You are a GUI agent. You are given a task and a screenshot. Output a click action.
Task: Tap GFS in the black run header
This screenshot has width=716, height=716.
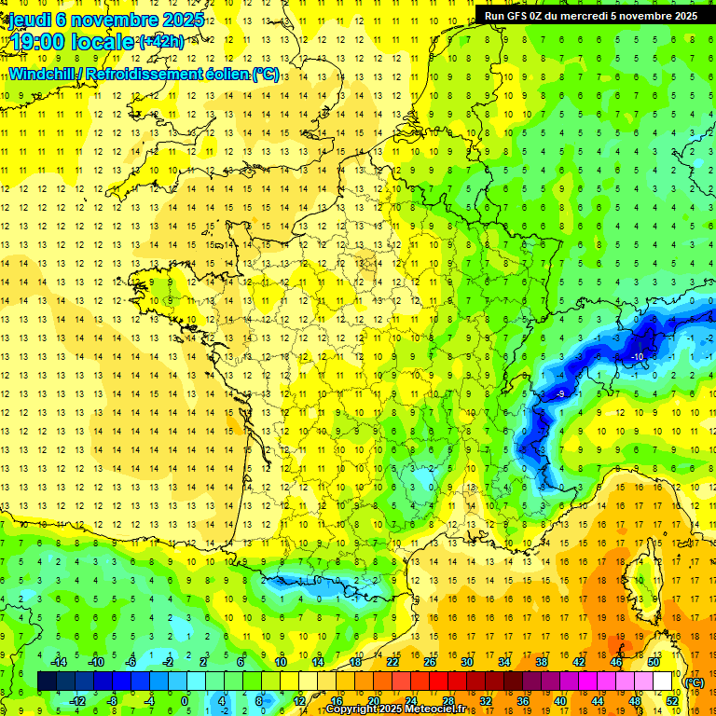coord(527,15)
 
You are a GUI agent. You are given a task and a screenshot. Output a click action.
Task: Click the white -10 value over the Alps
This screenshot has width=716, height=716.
coord(637,357)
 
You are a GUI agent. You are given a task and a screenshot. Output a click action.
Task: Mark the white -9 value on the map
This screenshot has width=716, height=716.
coord(560,395)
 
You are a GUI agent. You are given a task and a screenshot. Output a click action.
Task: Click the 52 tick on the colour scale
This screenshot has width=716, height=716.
coord(671,700)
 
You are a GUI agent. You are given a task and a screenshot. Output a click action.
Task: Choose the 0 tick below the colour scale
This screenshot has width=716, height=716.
coord(185,700)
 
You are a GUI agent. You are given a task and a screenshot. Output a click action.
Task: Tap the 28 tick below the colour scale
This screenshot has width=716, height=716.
coord(447,700)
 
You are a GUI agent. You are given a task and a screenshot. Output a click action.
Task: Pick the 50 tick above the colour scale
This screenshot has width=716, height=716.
coord(653,662)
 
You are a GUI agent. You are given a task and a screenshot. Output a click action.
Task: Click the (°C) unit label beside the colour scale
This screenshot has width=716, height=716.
coord(695,682)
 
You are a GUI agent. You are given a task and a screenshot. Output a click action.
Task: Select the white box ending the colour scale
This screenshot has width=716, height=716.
coord(662,682)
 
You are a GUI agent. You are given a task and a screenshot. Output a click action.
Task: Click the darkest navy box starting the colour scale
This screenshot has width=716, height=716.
coord(47,682)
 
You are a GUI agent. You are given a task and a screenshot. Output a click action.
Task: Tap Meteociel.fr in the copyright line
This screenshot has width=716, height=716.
coord(444,709)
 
